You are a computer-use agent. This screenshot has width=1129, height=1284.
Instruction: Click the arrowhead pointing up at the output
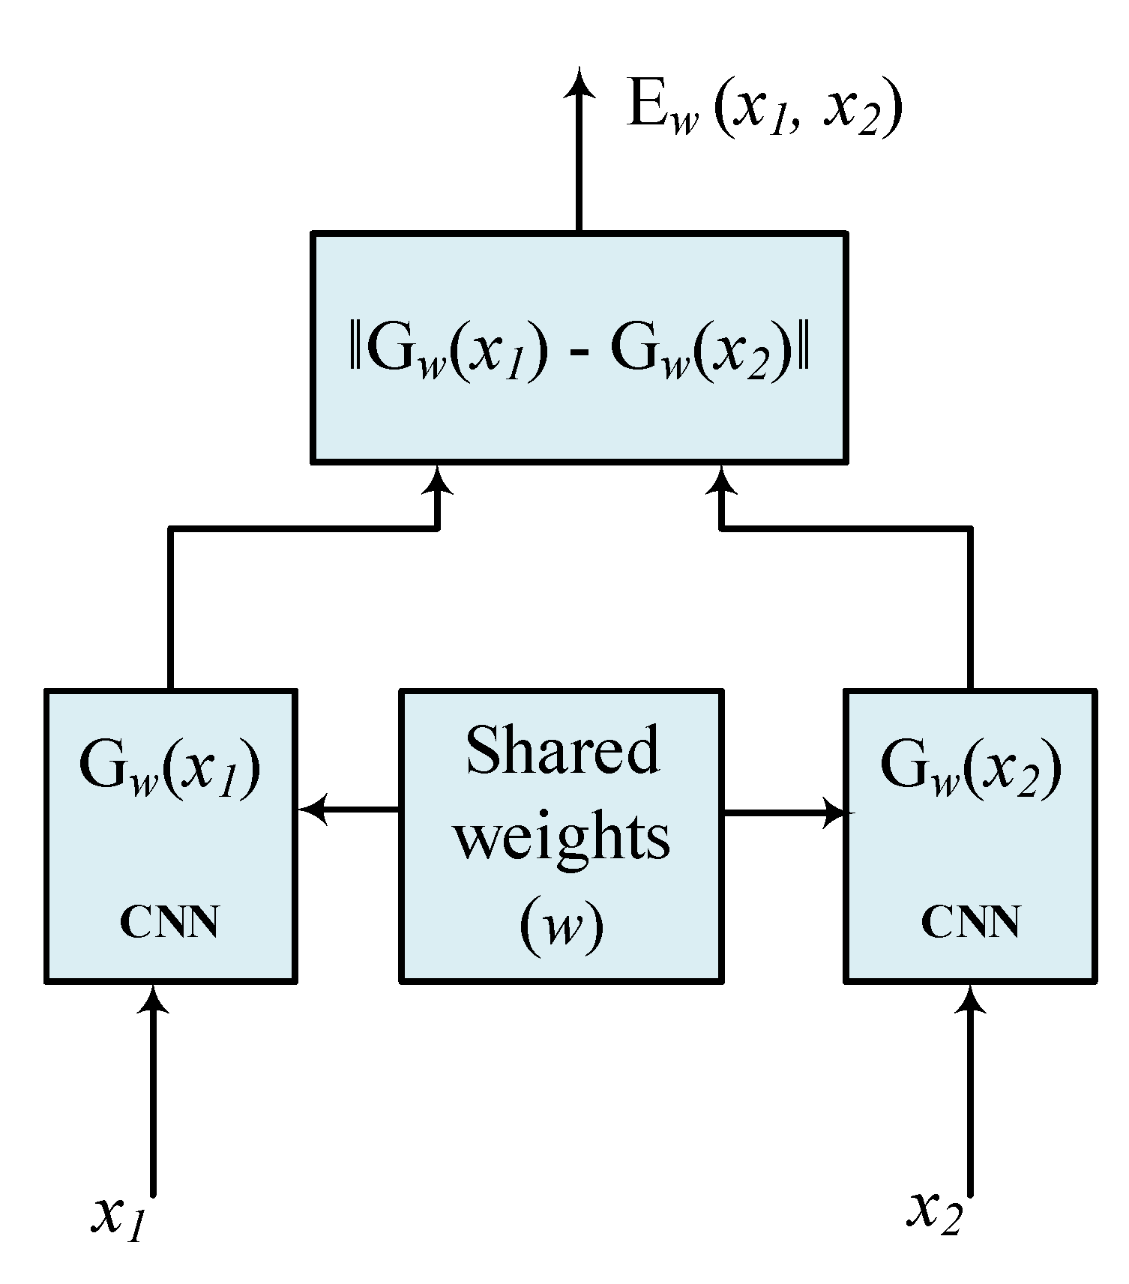tap(579, 82)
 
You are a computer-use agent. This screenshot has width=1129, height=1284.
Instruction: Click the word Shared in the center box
tap(562, 751)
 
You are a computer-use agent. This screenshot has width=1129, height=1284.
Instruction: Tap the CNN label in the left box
tap(169, 923)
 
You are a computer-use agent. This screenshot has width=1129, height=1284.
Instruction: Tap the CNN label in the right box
tap(970, 923)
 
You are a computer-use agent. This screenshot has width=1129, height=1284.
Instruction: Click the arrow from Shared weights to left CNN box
tap(349, 810)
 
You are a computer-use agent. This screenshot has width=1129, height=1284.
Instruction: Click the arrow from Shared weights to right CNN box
tap(783, 812)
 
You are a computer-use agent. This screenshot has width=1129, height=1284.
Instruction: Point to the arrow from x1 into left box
tap(153, 1094)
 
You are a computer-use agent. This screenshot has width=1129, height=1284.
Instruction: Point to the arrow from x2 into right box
tap(971, 1094)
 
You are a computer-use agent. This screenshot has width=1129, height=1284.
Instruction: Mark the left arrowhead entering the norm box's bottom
tap(436, 480)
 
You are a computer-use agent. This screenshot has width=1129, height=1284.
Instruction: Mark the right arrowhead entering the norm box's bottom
tap(721, 480)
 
